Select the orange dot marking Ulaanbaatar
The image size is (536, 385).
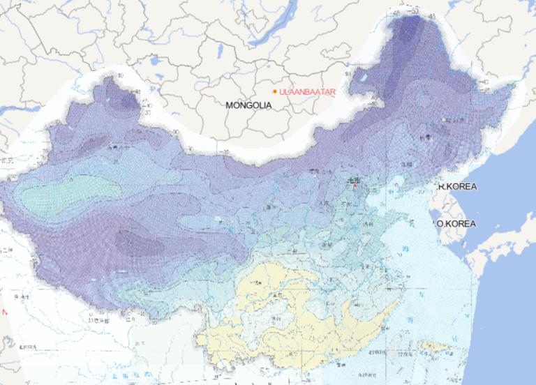(x=275, y=91)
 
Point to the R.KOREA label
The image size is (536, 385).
(x=456, y=188)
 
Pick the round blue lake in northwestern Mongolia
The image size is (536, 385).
(x=154, y=61)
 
